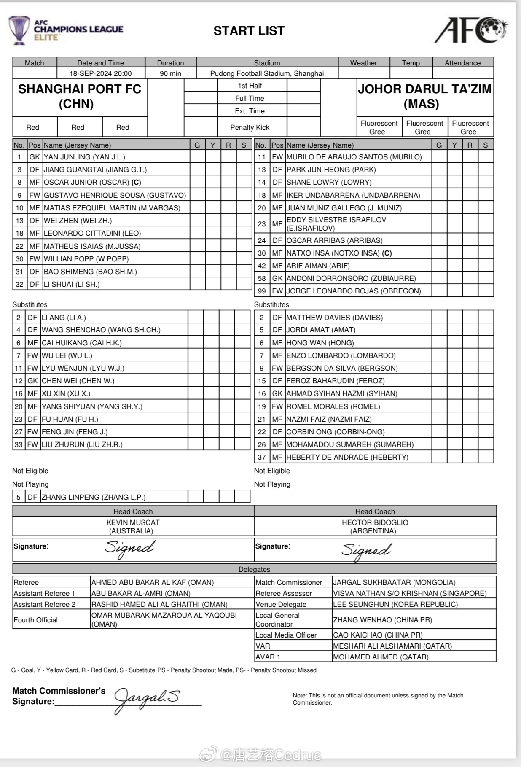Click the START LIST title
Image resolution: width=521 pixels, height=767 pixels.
pyautogui.click(x=249, y=31)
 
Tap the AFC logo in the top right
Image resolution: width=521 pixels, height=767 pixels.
pyautogui.click(x=471, y=30)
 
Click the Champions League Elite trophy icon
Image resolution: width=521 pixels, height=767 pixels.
pyautogui.click(x=19, y=30)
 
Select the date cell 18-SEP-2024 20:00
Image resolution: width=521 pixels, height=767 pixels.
pyautogui.click(x=100, y=73)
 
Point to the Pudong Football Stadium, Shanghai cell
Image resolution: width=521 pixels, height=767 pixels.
pyautogui.click(x=267, y=73)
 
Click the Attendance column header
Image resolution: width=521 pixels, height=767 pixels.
pyautogui.click(x=462, y=63)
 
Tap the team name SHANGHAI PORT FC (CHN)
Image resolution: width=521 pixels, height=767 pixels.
pyautogui.click(x=79, y=96)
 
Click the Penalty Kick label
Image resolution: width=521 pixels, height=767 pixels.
pyautogui.click(x=250, y=127)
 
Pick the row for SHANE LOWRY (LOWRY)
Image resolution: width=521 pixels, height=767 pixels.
pyautogui.click(x=329, y=182)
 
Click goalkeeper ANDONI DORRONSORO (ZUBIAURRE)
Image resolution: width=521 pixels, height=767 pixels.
pyautogui.click(x=351, y=278)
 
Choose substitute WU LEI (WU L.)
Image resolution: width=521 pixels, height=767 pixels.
pyautogui.click(x=67, y=355)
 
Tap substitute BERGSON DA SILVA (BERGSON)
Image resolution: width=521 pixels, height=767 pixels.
pyautogui.click(x=342, y=368)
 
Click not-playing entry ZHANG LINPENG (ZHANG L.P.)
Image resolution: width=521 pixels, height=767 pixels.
pyautogui.click(x=93, y=497)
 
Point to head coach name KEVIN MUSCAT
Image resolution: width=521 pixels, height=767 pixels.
pyautogui.click(x=133, y=522)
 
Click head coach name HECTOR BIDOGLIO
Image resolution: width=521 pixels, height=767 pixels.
pyautogui.click(x=375, y=522)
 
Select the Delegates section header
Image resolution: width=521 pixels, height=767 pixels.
pyautogui.click(x=254, y=569)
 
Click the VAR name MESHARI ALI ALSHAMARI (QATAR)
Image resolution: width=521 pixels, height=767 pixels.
pyautogui.click(x=392, y=646)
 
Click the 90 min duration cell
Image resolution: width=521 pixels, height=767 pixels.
pyautogui.click(x=170, y=73)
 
